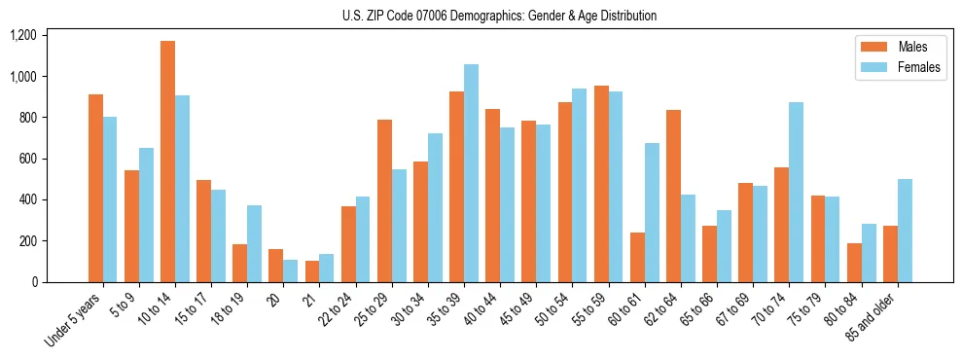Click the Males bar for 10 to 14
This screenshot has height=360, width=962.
click(x=167, y=162)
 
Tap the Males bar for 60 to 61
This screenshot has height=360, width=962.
click(x=637, y=258)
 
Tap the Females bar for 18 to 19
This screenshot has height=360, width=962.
click(x=254, y=244)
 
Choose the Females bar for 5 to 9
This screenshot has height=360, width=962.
click(x=146, y=215)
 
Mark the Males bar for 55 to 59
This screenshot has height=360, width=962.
click(x=601, y=184)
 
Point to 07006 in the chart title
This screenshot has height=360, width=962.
click(x=434, y=16)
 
